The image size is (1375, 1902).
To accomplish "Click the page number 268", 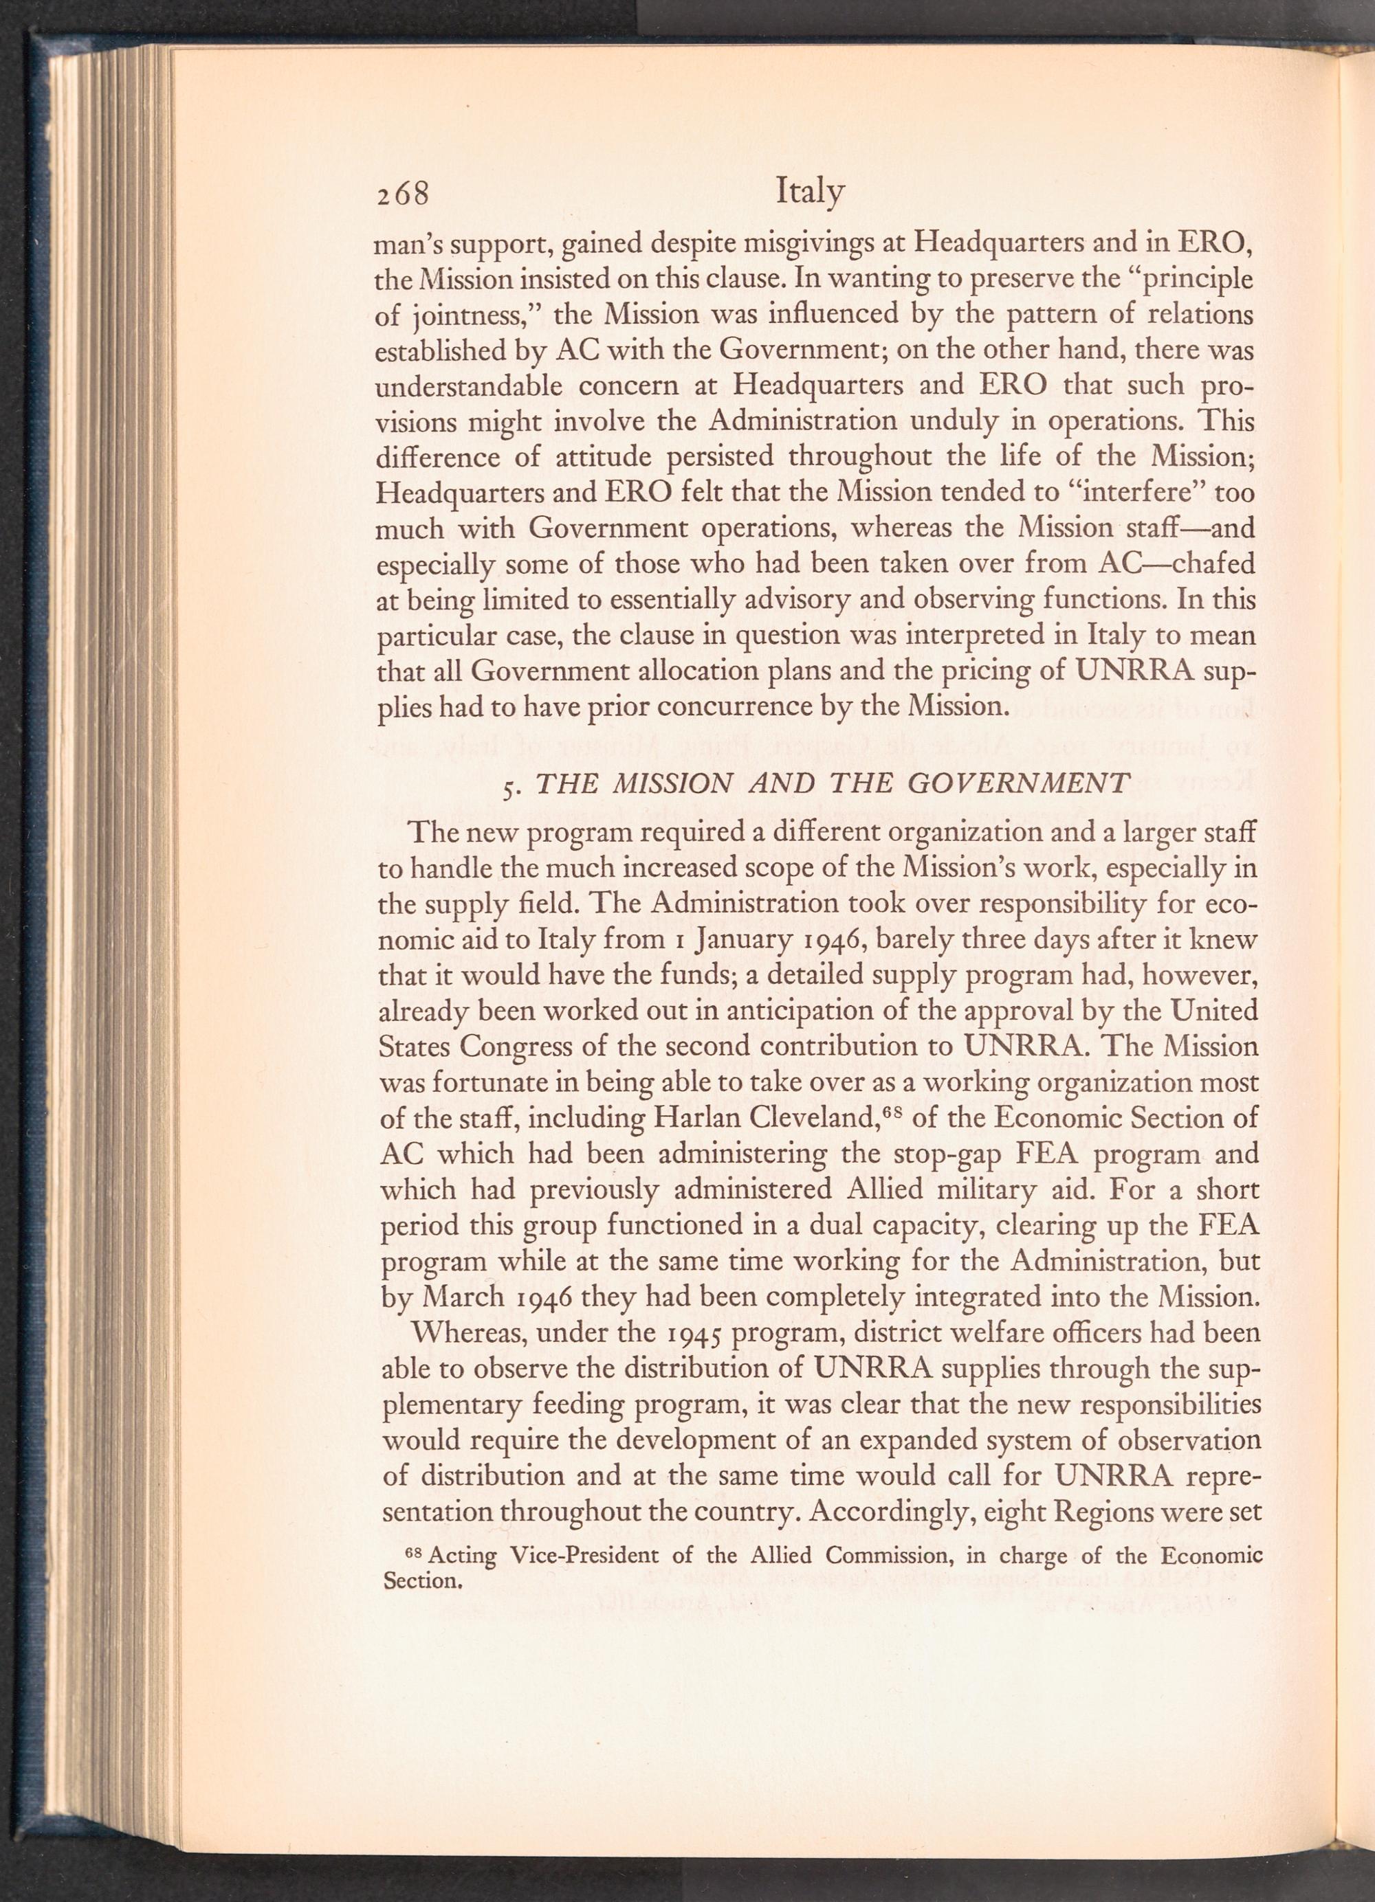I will pos(402,194).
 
